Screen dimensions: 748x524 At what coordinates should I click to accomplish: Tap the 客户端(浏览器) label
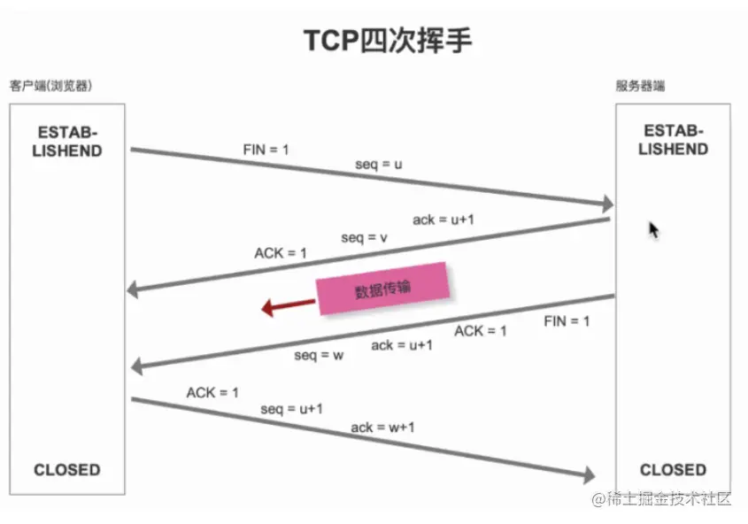50,87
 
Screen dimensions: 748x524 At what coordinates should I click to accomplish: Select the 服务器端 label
640,87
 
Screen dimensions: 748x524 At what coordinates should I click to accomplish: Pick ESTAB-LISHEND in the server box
673,139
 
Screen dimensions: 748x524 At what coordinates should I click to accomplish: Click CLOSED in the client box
67,469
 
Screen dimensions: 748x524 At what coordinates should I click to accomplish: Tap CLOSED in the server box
673,469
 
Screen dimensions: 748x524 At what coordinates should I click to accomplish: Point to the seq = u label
380,164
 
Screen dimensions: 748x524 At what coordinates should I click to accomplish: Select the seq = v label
365,237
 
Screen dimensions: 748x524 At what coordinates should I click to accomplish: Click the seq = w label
319,355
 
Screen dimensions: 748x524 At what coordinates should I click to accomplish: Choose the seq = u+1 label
291,409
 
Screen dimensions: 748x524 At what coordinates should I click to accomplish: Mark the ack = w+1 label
383,428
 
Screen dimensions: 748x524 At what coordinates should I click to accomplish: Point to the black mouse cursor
653,230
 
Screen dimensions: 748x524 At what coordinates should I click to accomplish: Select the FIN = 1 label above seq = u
266,150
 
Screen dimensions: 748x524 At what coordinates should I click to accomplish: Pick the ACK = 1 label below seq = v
281,253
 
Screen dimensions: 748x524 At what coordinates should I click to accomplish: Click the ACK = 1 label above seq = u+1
212,391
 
